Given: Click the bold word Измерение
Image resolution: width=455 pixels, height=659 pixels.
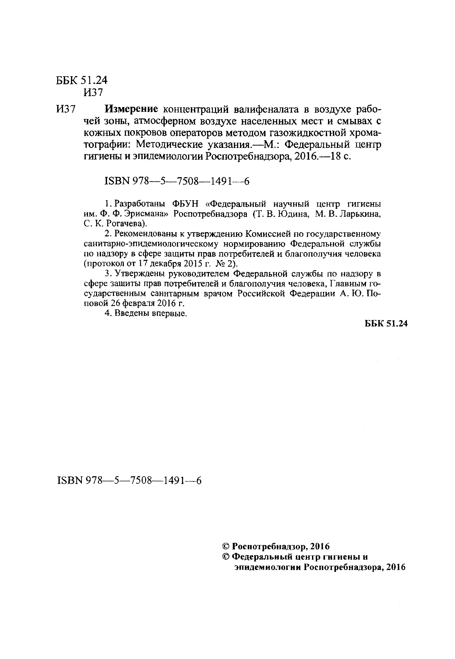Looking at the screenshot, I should click(x=132, y=109).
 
